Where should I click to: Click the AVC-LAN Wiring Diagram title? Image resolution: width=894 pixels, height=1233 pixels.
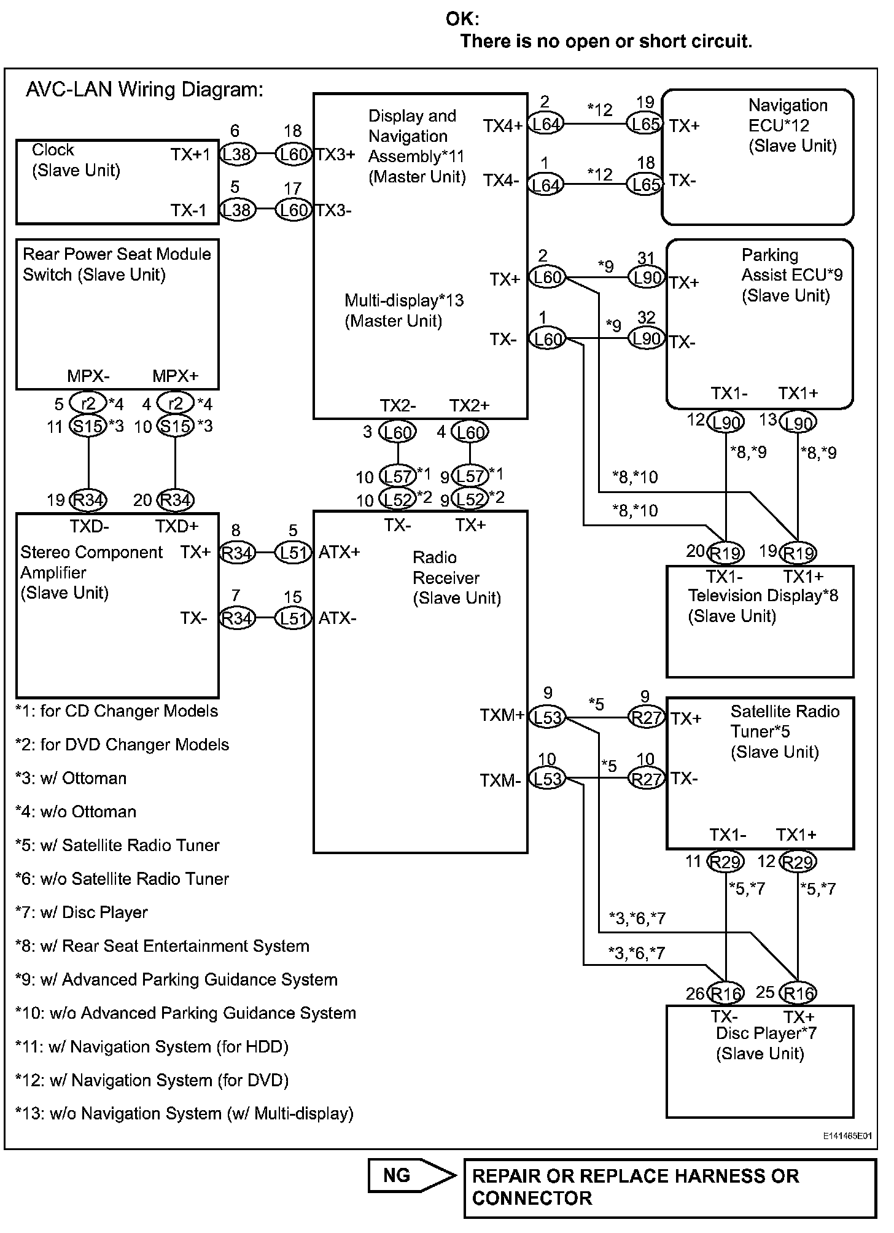[145, 90]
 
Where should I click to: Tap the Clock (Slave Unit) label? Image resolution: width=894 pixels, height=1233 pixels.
[76, 160]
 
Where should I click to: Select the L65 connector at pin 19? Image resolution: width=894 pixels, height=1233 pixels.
[644, 125]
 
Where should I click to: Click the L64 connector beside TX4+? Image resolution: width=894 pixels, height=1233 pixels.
[546, 125]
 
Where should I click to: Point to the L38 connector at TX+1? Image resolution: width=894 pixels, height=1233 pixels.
[237, 154]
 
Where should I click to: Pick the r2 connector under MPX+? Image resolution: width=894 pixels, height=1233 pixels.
[176, 403]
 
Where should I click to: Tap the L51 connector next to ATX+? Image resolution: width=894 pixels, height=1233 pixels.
[293, 553]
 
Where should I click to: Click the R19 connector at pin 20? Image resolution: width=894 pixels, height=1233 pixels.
[726, 553]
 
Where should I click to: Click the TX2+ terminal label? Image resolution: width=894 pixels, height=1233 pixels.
[470, 405]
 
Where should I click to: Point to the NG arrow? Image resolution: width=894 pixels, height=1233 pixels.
[413, 1175]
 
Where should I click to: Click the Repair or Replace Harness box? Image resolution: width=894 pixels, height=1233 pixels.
[670, 1188]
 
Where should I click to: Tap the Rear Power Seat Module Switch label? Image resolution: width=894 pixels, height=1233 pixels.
[117, 264]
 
